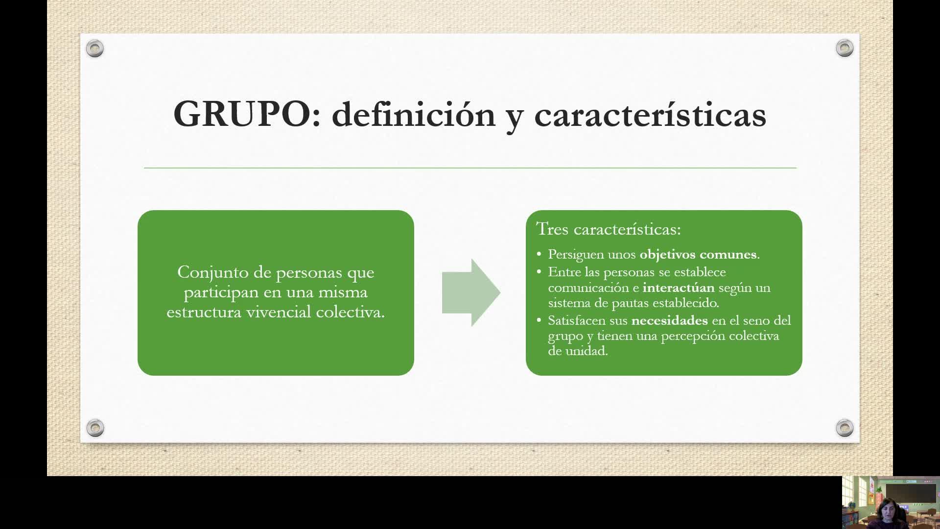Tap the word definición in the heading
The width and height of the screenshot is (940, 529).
pyautogui.click(x=414, y=114)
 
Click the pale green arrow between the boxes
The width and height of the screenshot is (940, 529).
pyautogui.click(x=471, y=292)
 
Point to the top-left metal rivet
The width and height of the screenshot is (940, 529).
pyautogui.click(x=95, y=48)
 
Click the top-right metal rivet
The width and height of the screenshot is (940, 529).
pyautogui.click(x=845, y=48)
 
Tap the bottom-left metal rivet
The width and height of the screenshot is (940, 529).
pyautogui.click(x=95, y=428)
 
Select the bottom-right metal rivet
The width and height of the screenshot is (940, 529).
pyautogui.click(x=845, y=428)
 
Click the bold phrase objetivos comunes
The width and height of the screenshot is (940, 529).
pyautogui.click(x=698, y=255)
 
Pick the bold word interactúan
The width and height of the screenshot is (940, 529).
pyautogui.click(x=679, y=288)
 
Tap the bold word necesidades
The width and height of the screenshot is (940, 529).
pyautogui.click(x=670, y=321)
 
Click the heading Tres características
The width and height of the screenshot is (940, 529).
pyautogui.click(x=609, y=229)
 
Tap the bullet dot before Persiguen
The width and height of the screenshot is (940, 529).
pyautogui.click(x=539, y=255)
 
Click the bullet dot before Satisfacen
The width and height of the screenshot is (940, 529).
pyautogui.click(x=539, y=321)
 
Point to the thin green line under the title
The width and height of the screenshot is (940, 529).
pyautogui.click(x=470, y=168)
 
